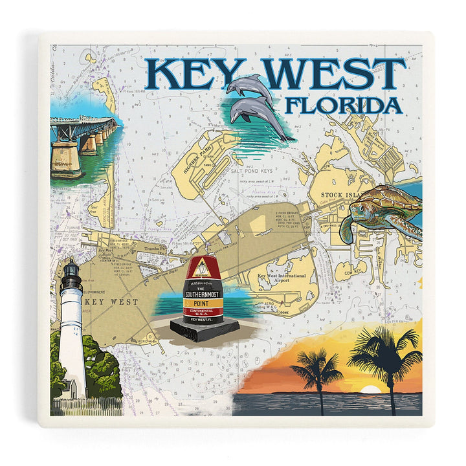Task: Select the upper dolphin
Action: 250,88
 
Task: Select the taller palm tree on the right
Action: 384,362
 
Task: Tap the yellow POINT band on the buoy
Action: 204,301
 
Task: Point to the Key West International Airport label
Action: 281,280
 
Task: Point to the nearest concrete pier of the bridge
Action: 67,159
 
